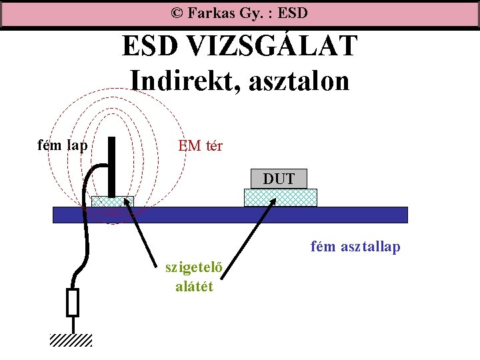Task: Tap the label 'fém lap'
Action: [63, 144]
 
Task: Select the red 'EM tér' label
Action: [200, 145]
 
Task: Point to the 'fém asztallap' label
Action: [355, 247]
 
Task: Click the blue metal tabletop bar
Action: [230, 214]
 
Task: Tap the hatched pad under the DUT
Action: [280, 197]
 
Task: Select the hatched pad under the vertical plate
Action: [113, 201]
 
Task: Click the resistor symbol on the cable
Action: [73, 302]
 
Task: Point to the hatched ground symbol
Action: [71, 340]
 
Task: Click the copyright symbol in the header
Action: [177, 13]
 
